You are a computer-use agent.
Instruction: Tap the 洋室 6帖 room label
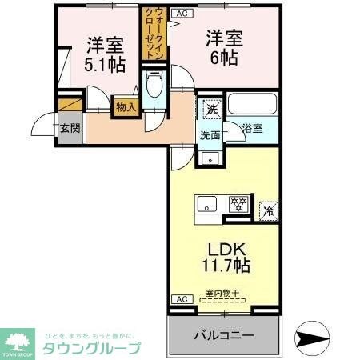pyautogui.click(x=223, y=49)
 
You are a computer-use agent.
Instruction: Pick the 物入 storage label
pyautogui.click(x=126, y=104)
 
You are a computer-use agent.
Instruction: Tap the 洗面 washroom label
pyautogui.click(x=210, y=135)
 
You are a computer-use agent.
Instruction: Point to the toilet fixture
pyautogui.click(x=154, y=86)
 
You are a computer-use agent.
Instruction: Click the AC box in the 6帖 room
pyautogui.click(x=182, y=14)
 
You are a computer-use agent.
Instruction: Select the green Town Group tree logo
pyautogui.click(x=17, y=340)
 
